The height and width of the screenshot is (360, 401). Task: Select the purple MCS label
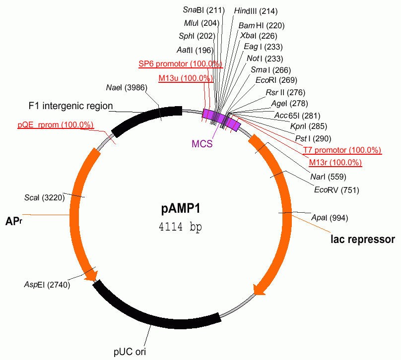[x=201, y=144]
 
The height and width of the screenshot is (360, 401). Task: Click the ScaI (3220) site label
[x=45, y=198]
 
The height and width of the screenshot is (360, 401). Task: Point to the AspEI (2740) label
[x=47, y=285]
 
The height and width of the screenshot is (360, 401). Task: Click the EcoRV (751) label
[x=336, y=190]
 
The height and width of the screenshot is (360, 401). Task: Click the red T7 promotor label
[x=342, y=150]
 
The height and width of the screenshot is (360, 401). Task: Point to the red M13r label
[x=335, y=163]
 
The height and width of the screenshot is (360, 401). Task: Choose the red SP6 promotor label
[x=181, y=64]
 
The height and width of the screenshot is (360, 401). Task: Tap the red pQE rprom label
[x=55, y=124]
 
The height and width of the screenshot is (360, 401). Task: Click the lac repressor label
[x=363, y=240]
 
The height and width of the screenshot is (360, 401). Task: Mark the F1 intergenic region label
[x=70, y=106]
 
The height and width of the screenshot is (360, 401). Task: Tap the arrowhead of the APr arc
[x=90, y=276]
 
